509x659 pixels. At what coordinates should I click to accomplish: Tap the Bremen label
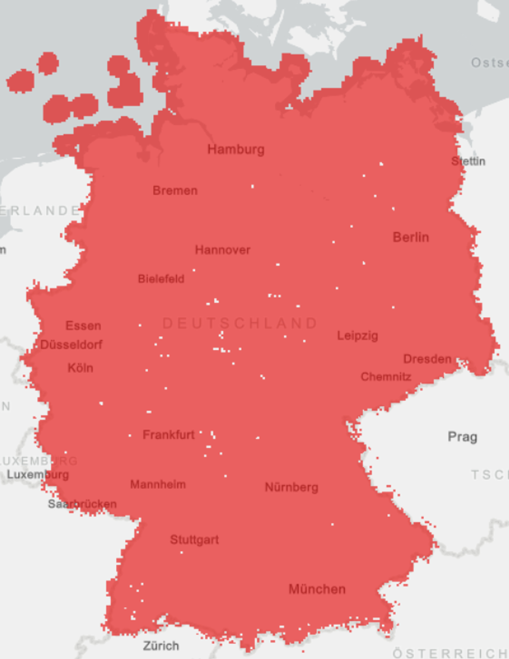point(175,191)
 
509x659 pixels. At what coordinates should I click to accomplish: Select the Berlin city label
point(411,237)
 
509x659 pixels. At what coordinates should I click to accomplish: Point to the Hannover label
point(223,250)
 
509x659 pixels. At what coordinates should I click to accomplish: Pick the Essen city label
point(83,326)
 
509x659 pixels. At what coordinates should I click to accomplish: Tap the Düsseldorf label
point(72,345)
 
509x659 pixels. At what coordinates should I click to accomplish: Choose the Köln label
point(80,368)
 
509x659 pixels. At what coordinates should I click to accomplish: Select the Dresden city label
point(427,359)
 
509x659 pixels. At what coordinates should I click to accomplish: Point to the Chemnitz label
point(386,377)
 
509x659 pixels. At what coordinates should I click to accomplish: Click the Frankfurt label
point(169,435)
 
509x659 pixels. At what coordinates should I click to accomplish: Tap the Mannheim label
point(158,485)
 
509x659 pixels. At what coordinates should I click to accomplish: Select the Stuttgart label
point(195,540)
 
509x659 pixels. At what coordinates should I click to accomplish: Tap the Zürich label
point(161,646)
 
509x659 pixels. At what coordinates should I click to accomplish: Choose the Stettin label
point(468,161)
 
